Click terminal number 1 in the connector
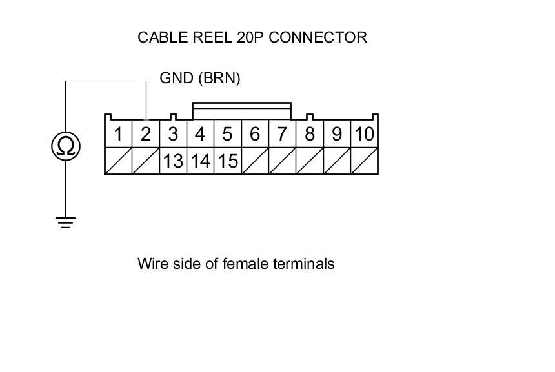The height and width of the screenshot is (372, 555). (118, 134)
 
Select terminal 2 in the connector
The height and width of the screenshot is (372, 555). (145, 134)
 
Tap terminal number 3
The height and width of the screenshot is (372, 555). (173, 134)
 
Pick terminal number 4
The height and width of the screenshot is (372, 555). (200, 134)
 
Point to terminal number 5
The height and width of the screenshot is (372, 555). (227, 134)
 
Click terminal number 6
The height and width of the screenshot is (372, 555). (255, 134)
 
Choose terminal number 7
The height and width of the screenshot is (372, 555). (282, 134)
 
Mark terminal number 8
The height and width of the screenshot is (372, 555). (310, 134)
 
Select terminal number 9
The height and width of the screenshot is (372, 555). (337, 134)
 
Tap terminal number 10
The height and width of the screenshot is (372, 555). (364, 134)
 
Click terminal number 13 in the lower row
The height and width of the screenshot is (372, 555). (173, 161)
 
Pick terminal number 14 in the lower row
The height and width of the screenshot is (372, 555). (200, 161)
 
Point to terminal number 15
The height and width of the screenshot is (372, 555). (227, 161)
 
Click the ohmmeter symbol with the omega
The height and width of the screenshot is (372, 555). (65, 147)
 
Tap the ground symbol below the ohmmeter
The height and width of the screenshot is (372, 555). (65, 223)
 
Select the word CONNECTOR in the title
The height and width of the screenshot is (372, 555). (318, 37)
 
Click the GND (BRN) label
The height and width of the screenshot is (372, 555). (200, 78)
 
